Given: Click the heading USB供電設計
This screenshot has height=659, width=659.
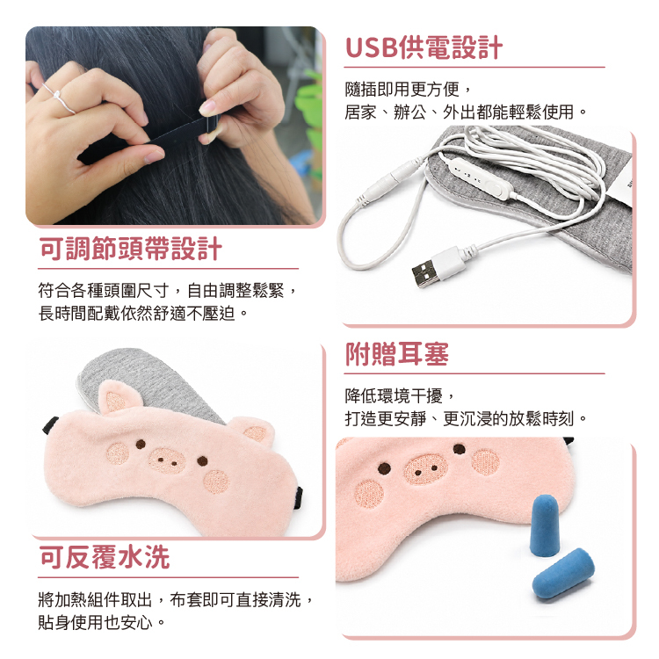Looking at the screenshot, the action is tap(424, 47).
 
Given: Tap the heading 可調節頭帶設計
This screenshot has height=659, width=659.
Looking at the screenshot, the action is tap(130, 249).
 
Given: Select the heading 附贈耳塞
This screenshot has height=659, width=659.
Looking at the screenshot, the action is tap(397, 354).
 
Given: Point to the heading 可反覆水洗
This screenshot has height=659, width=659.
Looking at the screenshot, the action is tap(105, 557).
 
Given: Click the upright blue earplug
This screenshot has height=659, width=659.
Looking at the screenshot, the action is tap(544, 525).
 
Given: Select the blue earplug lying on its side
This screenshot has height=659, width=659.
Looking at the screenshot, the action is tap(563, 573).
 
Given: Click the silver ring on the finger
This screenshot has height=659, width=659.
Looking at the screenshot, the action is tap(59, 98).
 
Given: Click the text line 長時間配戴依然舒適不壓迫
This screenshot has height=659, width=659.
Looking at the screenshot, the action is tap(143, 313).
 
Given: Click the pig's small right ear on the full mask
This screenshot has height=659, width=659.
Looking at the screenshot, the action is tap(254, 430).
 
